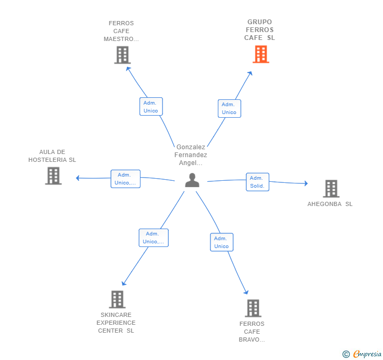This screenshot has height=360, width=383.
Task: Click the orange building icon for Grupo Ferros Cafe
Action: coord(261,54)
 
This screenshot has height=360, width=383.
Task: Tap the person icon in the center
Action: coord(192,180)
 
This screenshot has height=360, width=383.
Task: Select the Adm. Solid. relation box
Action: coord(257,182)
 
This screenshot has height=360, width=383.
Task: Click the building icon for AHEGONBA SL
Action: coord(331,189)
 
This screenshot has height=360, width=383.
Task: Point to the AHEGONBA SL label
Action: coord(330,204)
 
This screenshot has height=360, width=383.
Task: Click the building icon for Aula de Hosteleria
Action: coord(53,176)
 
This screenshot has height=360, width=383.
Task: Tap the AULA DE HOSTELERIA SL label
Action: coord(52,156)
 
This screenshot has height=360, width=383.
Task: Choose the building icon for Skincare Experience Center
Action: coord(117,300)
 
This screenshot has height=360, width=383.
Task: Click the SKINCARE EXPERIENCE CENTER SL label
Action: coord(116,323)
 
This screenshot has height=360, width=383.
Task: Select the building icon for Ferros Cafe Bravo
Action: coord(253,308)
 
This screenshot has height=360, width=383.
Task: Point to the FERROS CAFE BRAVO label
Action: coord(252,332)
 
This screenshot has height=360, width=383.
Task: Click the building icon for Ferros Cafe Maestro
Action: coord(123,55)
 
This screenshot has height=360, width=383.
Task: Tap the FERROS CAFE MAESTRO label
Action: coord(121,31)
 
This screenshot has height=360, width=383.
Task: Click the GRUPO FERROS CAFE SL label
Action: coord(259,30)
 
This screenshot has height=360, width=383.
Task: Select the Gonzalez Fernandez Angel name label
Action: coord(191,155)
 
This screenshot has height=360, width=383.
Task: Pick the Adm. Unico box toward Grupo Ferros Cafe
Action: coord(229,108)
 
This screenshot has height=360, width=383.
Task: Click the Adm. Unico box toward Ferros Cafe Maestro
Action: coord(151,106)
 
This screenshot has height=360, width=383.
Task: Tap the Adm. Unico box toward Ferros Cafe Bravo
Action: coord(222,242)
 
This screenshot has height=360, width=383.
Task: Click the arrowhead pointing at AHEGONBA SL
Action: coord(306,183)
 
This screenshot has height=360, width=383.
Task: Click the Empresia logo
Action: coord(362,354)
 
